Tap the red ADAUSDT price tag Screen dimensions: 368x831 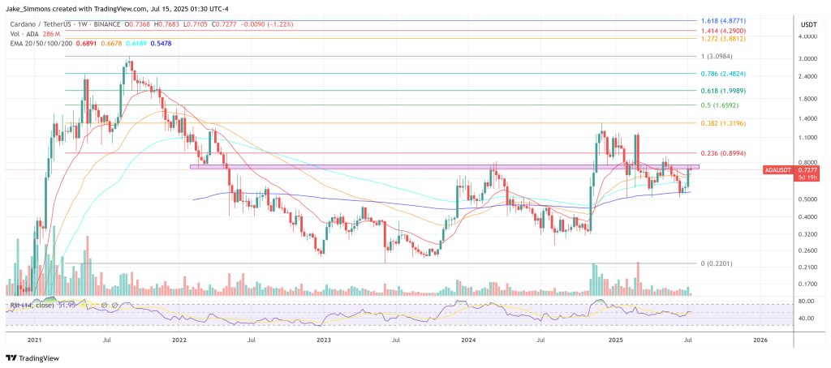[x=781, y=170]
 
